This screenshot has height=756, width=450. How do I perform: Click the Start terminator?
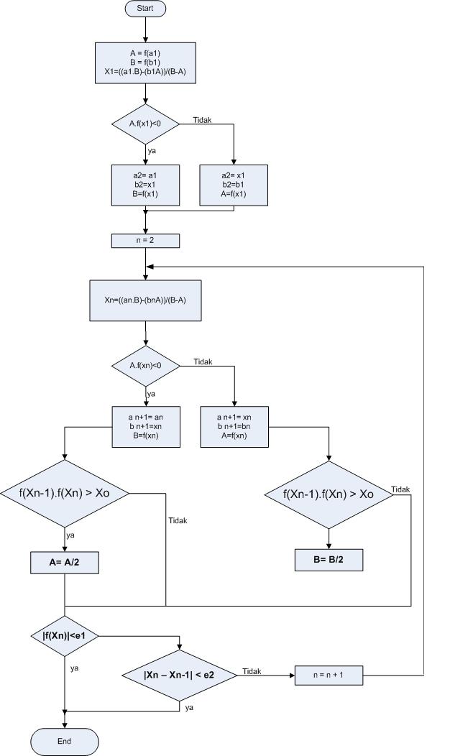[x=145, y=9]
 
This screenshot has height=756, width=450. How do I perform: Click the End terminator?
[x=65, y=740]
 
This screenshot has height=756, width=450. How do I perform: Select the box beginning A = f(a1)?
[x=145, y=63]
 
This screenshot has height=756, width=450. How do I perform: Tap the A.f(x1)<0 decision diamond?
[x=145, y=124]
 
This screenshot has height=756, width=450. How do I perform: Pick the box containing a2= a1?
[x=145, y=185]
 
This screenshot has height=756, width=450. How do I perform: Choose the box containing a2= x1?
[x=234, y=185]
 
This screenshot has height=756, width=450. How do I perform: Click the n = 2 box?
[x=145, y=241]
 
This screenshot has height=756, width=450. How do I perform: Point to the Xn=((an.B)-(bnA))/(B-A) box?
[x=145, y=300]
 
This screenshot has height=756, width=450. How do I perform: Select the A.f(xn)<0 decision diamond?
[x=145, y=365]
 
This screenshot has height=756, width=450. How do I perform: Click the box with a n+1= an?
[x=145, y=426]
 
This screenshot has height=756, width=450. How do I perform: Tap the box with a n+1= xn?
[x=234, y=426]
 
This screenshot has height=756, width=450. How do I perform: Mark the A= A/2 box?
[x=65, y=563]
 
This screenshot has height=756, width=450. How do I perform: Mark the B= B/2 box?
[x=329, y=560]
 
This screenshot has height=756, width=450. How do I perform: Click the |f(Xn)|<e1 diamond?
[x=65, y=636]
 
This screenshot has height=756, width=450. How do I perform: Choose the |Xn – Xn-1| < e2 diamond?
[x=179, y=675]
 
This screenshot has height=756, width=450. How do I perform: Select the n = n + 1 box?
[x=329, y=675]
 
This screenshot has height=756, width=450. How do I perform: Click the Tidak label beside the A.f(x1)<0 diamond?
[x=203, y=119]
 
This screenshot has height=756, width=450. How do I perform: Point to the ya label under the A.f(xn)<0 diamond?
[x=151, y=394]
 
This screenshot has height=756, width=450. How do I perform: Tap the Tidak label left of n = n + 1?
[x=252, y=671]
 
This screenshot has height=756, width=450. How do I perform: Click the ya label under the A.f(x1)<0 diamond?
[x=152, y=152]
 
